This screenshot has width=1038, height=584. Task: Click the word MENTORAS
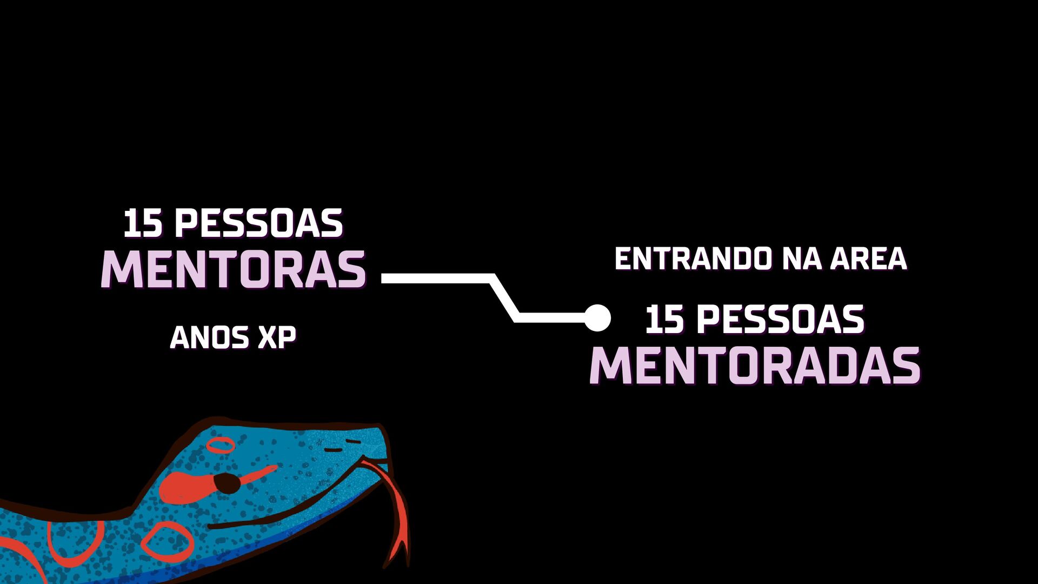[x=234, y=269]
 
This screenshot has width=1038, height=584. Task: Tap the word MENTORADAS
[x=755, y=366]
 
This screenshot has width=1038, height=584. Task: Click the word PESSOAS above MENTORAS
[x=258, y=224]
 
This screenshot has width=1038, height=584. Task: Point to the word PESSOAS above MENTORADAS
[x=780, y=320]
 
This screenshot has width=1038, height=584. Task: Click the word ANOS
[x=209, y=337]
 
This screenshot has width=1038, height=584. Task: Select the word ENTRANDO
[x=693, y=259]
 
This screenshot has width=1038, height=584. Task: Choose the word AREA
[x=868, y=259]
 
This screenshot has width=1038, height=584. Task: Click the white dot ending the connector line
[x=597, y=317]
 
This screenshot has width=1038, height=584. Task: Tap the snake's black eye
[x=227, y=483]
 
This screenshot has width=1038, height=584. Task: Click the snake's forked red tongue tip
[x=399, y=557]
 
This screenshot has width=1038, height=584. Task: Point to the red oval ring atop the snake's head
[x=221, y=446]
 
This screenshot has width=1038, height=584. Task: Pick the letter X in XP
[x=268, y=337]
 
